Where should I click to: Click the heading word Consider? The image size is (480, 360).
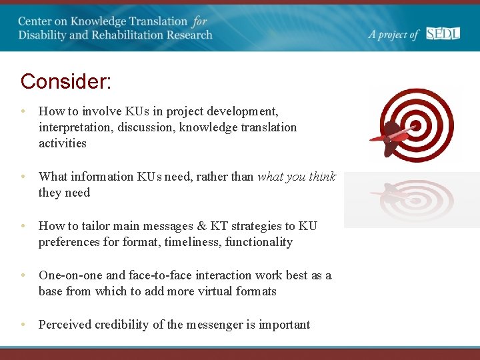click(65, 81)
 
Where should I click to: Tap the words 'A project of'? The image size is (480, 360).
click(393, 35)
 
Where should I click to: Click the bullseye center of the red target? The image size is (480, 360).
click(415, 125)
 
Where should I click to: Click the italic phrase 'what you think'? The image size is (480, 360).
click(296, 177)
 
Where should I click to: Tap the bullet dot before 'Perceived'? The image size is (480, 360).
click(23, 325)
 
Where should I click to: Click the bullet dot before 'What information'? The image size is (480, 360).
click(23, 177)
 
